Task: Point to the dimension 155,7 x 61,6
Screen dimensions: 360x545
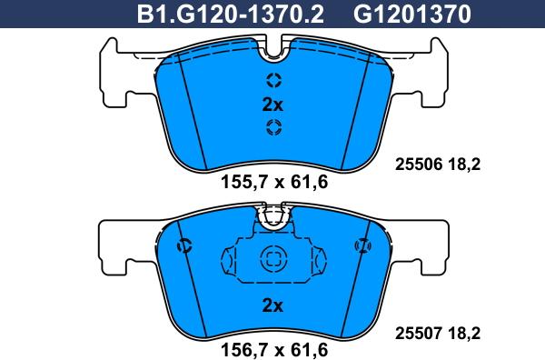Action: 274,182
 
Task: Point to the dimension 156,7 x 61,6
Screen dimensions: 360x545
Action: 274,348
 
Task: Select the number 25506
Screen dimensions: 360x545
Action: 421,165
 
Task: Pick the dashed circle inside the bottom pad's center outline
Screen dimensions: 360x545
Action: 273,257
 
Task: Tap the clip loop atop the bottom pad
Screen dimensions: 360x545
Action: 273,216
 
